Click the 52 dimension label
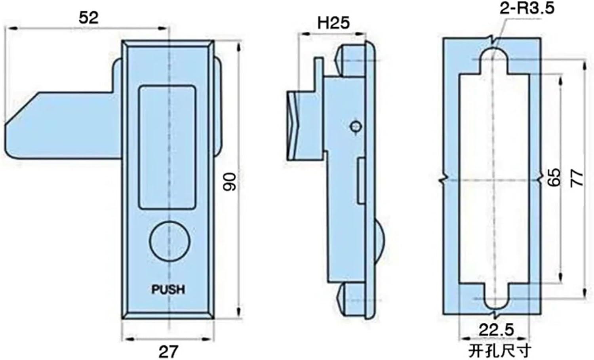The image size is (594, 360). [88, 18]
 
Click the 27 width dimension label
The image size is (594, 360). [168, 351]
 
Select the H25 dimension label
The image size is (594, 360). [334, 23]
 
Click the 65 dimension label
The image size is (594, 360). [555, 177]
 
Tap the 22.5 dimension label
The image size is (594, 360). [496, 330]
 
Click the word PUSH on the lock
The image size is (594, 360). [168, 290]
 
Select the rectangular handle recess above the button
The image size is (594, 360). [167, 147]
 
